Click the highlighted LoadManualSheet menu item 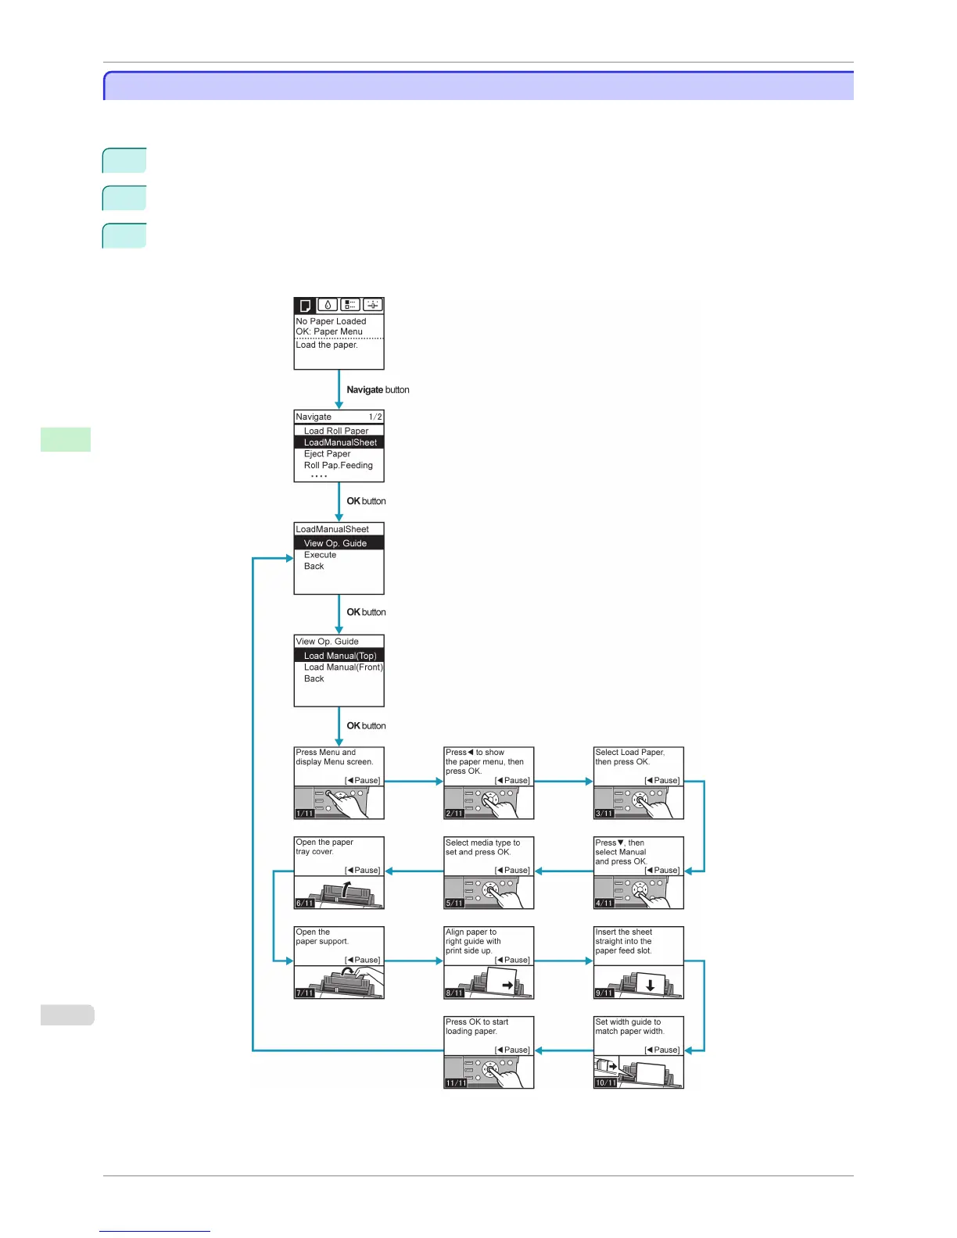[339, 442]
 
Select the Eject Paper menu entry [327, 454]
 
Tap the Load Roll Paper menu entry [335, 431]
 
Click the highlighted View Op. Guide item [335, 543]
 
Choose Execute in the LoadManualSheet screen [320, 555]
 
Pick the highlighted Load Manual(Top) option [339, 656]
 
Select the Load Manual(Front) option [343, 667]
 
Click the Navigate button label [378, 390]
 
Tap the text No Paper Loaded [331, 321]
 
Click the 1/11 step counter [304, 814]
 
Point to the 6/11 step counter [304, 903]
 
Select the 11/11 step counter [456, 1083]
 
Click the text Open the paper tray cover [324, 847]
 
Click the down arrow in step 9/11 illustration [650, 986]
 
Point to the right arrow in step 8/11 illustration [508, 986]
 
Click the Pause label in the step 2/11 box [513, 781]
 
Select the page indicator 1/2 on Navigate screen [375, 417]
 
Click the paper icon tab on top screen [306, 306]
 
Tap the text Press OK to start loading [477, 1027]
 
